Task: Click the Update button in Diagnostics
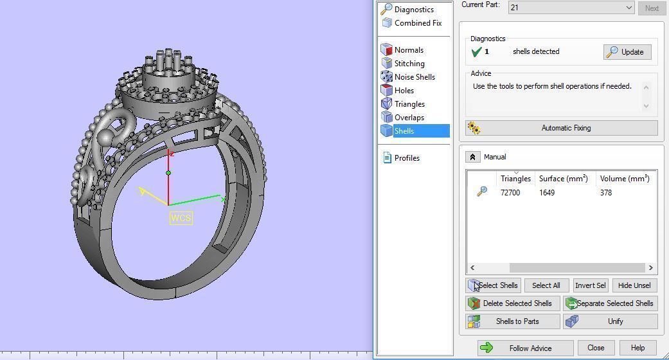pos(627,52)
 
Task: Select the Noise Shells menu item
pos(414,77)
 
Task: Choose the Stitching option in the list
pos(409,64)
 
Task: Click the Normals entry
pos(408,50)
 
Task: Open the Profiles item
pos(406,158)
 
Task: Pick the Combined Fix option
pos(417,23)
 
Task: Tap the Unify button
pos(610,321)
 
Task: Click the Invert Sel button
pos(589,285)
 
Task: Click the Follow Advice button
pos(524,348)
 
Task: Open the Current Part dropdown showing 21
pos(571,8)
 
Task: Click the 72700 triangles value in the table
pos(510,193)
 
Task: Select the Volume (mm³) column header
pos(624,179)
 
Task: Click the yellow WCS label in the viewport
pos(181,218)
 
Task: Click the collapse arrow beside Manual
pos(472,157)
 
